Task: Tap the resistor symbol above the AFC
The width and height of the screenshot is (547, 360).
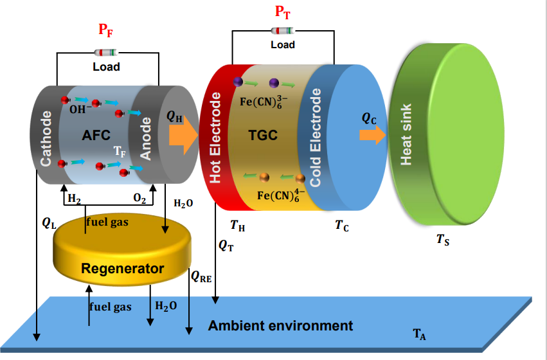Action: click(x=106, y=53)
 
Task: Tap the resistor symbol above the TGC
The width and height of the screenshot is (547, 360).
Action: click(x=282, y=30)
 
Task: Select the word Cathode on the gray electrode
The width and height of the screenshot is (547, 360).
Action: click(x=46, y=139)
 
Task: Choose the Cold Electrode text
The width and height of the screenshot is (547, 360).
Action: click(x=316, y=138)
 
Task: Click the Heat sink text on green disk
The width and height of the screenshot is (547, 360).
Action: click(x=406, y=135)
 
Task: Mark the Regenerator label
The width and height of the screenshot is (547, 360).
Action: click(x=122, y=268)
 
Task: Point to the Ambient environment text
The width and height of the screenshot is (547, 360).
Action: click(x=280, y=325)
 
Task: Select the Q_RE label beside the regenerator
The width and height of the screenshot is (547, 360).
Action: click(x=201, y=276)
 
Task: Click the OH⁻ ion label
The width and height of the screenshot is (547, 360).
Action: click(x=78, y=110)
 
